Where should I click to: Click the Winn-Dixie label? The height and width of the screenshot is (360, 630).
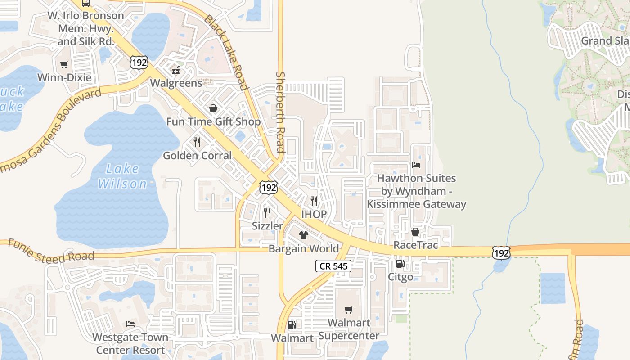click(64, 77)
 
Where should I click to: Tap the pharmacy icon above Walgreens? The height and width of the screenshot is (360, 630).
click(176, 70)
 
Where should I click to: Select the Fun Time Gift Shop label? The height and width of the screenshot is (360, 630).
click(213, 122)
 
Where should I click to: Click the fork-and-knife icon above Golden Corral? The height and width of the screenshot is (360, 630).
click(197, 142)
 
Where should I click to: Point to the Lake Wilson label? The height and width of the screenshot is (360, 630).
click(122, 176)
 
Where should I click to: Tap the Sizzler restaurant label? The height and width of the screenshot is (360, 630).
click(267, 226)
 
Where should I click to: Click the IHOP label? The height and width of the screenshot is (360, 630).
click(314, 214)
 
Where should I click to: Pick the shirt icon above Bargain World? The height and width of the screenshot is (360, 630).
click(304, 235)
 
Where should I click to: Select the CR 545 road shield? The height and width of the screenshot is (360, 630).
click(333, 266)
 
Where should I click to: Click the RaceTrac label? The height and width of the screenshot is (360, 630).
click(415, 245)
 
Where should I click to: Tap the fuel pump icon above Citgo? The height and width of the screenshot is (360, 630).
click(400, 264)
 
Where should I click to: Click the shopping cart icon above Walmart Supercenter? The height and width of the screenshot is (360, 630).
click(349, 310)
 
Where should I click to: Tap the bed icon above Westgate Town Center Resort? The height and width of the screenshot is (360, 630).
click(130, 324)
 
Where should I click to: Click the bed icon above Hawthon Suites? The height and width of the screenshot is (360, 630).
click(416, 165)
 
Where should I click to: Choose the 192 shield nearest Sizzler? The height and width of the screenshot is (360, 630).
click(268, 188)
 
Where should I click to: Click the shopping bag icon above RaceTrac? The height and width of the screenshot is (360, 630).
click(415, 232)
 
